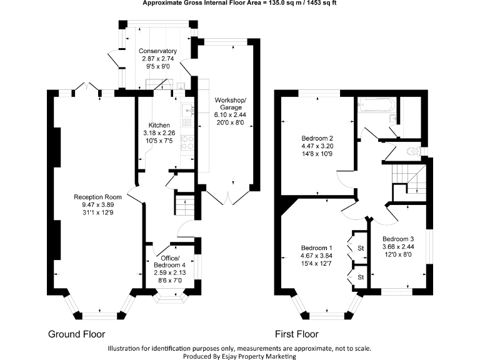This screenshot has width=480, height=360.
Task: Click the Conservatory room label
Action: pos(157,51)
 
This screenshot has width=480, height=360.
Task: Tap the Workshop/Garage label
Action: pos(231,104)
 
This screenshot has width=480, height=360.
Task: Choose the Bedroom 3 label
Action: pos(398,239)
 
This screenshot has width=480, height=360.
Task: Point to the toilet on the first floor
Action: pos(412,151)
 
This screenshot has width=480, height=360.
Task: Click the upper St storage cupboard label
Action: pos(361,249)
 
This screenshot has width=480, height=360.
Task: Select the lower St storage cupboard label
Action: pos(361,276)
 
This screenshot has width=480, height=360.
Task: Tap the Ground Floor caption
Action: pos(77,334)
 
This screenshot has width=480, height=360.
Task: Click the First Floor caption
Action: pos(297,334)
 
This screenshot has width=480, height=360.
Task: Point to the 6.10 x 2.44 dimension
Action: pos(231,115)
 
